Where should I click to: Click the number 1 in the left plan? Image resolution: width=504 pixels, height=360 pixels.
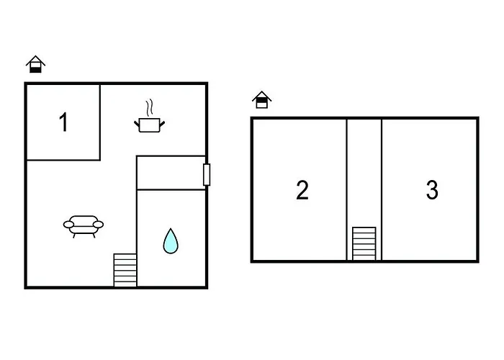pyautogui.click(x=63, y=122)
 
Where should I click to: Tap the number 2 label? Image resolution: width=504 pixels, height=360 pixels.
pyautogui.click(x=302, y=190)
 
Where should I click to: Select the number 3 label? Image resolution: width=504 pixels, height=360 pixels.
pyautogui.click(x=432, y=190)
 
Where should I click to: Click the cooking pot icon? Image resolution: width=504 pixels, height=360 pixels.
pyautogui.click(x=149, y=125)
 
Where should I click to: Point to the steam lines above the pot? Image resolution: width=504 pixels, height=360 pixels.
pyautogui.click(x=149, y=108)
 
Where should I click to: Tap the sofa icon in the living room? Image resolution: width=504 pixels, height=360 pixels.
pyautogui.click(x=84, y=225)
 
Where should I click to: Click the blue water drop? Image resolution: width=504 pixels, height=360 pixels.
pyautogui.click(x=170, y=241)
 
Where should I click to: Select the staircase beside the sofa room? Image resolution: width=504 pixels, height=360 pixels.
pyautogui.click(x=125, y=270)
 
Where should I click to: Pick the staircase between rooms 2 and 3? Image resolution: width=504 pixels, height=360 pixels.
pyautogui.click(x=364, y=243)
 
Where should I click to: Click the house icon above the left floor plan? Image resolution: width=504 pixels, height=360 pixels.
pyautogui.click(x=35, y=65)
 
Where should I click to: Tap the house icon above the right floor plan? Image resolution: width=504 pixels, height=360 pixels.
pyautogui.click(x=261, y=99)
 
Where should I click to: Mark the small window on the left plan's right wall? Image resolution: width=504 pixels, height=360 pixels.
pyautogui.click(x=207, y=174)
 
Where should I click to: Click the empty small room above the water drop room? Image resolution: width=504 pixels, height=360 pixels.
pyautogui.click(x=171, y=173)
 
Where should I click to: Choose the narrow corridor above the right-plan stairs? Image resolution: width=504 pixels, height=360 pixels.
pyautogui.click(x=364, y=169)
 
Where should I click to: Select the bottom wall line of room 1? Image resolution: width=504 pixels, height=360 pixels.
pyautogui.click(x=63, y=160)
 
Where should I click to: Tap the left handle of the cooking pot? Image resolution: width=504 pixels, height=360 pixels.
pyautogui.click(x=137, y=124)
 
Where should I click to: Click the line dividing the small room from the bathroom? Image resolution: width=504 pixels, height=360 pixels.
pyautogui.click(x=171, y=190)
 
